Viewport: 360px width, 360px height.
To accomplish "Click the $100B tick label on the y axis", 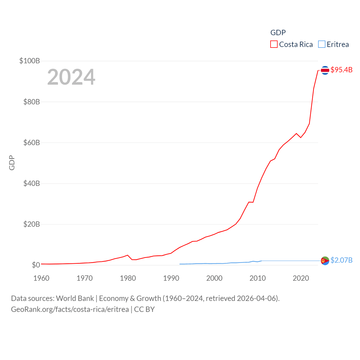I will [x=30, y=61].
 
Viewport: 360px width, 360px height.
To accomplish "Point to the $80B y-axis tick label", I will [x=31, y=102].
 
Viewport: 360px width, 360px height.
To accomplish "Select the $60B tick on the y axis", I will [x=31, y=143].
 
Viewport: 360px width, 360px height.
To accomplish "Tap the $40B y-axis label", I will [x=31, y=183].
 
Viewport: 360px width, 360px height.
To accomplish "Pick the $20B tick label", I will [x=31, y=224].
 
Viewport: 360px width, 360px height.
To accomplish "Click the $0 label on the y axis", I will [x=36, y=265].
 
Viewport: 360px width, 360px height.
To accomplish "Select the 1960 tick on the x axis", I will [x=41, y=278].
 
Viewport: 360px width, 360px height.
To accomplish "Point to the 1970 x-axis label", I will [x=85, y=278].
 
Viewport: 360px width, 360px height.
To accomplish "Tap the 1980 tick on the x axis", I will [x=128, y=278].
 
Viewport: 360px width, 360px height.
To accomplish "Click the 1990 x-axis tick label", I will [x=171, y=278].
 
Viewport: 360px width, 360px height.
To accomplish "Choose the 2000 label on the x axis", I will [x=214, y=278].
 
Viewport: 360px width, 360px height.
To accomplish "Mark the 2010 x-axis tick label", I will [x=258, y=278].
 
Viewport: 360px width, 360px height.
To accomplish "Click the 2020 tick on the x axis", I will [x=301, y=278].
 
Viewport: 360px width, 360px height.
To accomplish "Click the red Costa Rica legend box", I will [x=274, y=44].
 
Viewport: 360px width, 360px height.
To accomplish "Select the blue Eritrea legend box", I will [x=322, y=44].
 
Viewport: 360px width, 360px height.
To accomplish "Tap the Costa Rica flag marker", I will [x=325, y=70].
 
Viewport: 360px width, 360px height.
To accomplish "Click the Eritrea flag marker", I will [x=325, y=261].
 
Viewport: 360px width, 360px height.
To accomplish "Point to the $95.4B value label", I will [x=341, y=70].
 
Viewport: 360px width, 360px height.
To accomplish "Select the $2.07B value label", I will [x=341, y=260].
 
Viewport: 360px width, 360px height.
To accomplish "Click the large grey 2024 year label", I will [x=71, y=77].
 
